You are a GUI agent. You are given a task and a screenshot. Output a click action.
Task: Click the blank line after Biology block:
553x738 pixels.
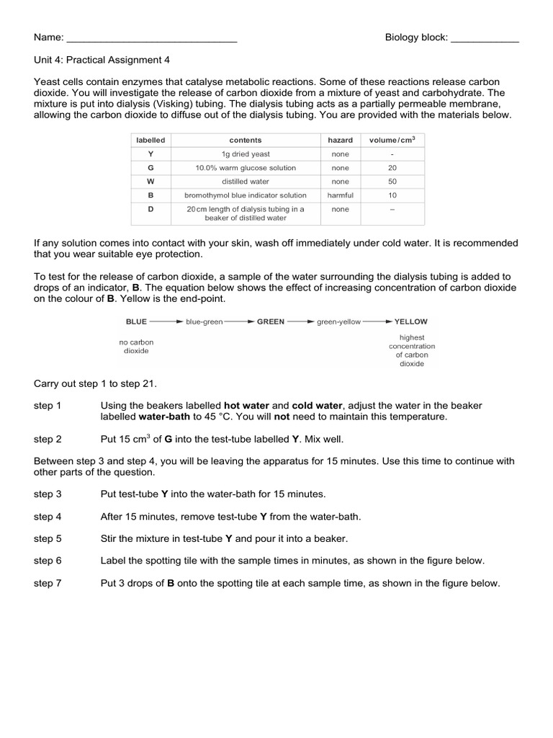pos(485,39)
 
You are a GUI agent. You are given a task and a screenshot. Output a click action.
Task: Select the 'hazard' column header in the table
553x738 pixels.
pos(340,140)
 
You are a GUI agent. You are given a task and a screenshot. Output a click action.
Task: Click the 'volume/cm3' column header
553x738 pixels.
pos(392,140)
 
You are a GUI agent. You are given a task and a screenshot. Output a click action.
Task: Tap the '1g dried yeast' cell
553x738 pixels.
pos(246,154)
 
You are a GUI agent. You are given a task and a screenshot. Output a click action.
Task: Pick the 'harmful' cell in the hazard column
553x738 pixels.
pos(340,195)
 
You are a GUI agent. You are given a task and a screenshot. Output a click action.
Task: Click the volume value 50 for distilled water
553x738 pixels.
pos(392,182)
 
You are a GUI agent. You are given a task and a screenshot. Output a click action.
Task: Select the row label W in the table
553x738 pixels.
pos(150,182)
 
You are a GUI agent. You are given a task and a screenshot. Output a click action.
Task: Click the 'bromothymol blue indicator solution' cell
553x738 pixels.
pos(246,195)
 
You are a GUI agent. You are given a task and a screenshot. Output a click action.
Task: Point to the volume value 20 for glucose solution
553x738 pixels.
pos(392,168)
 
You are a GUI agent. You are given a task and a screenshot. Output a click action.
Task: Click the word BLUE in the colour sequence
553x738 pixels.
pos(136,321)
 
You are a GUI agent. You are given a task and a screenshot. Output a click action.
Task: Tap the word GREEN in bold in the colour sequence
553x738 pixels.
pos(271,321)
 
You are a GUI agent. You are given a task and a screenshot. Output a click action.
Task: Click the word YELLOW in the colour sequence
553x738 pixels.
pos(410,321)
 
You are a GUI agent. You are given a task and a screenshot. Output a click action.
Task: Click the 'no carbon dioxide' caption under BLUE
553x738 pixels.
pos(136,346)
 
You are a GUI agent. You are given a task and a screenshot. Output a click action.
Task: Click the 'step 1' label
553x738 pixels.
pos(48,406)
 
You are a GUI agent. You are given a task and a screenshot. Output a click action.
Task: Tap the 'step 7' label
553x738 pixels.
pos(48,583)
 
